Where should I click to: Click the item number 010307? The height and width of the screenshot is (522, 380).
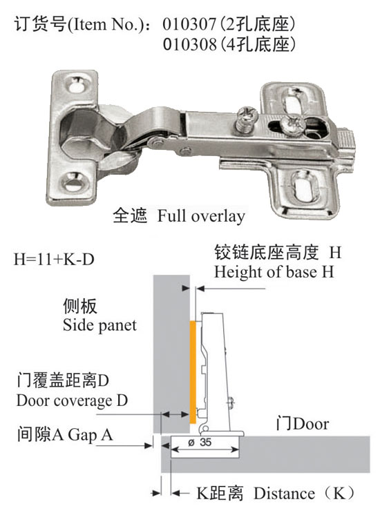tap(189, 24)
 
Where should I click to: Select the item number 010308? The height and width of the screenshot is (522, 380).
tap(189, 44)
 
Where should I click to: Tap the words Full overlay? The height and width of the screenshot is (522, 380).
tap(201, 216)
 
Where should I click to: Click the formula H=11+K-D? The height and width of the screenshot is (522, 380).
tap(54, 259)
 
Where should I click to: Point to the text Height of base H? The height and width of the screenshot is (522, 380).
tap(274, 271)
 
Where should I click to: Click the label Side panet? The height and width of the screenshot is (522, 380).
tap(99, 325)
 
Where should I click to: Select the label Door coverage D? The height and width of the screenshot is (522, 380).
tap(72, 400)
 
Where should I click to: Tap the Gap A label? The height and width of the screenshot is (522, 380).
tap(91, 435)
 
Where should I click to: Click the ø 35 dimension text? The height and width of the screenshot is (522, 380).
tap(200, 443)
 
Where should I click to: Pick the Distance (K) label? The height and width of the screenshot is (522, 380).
tap(304, 493)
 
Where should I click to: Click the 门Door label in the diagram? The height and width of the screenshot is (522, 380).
tap(303, 424)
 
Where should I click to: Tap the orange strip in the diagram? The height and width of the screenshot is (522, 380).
tap(193, 372)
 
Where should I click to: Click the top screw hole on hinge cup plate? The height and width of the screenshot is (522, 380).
tap(77, 84)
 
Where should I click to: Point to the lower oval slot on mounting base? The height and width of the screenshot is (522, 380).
tap(304, 186)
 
